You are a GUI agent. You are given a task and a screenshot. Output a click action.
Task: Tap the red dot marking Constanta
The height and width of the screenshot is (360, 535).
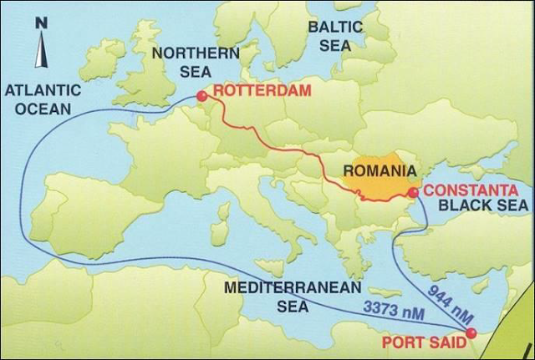click(413, 193)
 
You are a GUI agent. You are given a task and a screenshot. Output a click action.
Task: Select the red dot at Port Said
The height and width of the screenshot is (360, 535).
click(470, 333)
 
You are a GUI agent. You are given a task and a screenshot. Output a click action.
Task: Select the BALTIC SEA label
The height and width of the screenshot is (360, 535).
click(335, 36)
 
